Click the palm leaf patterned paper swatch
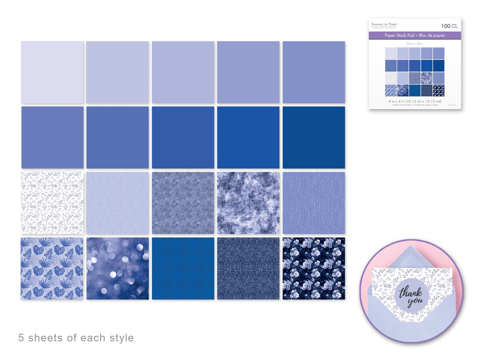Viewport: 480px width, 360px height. (x=52, y=268)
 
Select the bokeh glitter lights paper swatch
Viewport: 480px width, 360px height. (x=118, y=268)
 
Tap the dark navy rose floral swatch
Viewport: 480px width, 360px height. (x=314, y=268)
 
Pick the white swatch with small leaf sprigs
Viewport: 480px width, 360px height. (x=52, y=203)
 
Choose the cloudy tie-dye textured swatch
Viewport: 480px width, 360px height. (x=248, y=203)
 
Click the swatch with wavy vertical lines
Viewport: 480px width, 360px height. (x=314, y=203)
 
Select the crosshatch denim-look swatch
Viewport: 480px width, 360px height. (x=248, y=268)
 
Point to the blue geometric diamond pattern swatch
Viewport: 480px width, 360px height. (x=183, y=268)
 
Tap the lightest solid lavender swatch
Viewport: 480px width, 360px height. (x=52, y=72)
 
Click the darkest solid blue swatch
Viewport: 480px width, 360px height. (x=314, y=137)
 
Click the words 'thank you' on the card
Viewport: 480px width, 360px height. (x=411, y=296)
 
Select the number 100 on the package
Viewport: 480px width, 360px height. (x=445, y=26)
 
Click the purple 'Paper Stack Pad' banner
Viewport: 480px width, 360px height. (x=415, y=35)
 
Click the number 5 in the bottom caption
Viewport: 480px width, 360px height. (x=21, y=338)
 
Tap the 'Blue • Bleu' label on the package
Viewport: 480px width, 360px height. (x=415, y=44)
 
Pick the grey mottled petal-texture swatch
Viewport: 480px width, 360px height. (x=183, y=203)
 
